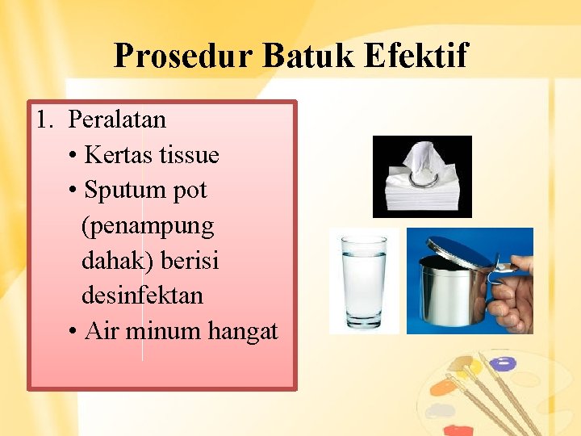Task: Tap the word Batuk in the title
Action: [x=309, y=56]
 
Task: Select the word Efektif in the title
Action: [x=416, y=56]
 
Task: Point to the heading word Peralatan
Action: [x=117, y=119]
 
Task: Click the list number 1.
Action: [x=43, y=119]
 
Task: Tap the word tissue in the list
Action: [x=190, y=154]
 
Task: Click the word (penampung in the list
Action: [x=148, y=226]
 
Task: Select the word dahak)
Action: [x=118, y=261]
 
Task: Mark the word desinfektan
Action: [x=142, y=296]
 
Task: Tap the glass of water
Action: [x=364, y=283]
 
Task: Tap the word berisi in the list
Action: [x=190, y=261]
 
